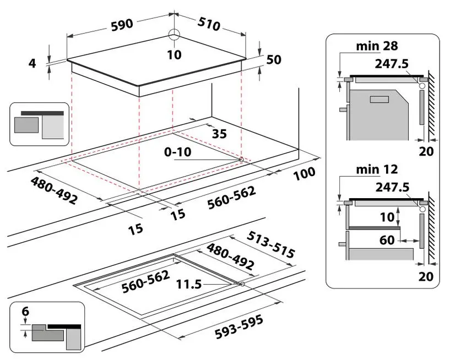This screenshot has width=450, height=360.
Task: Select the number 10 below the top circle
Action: [174, 54]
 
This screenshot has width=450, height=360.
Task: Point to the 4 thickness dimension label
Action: [32, 63]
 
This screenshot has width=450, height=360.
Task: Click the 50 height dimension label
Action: [274, 59]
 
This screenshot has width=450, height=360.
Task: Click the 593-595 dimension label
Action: [238, 328]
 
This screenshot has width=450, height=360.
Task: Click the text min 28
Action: [377, 46]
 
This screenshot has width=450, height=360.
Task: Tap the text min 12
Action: [377, 169]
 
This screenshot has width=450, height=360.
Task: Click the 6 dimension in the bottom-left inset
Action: [24, 312]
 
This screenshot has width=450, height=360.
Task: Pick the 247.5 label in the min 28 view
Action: [392, 64]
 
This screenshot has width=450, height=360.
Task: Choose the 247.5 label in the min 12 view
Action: [392, 187]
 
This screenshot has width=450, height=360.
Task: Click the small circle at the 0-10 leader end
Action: [241, 159]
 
